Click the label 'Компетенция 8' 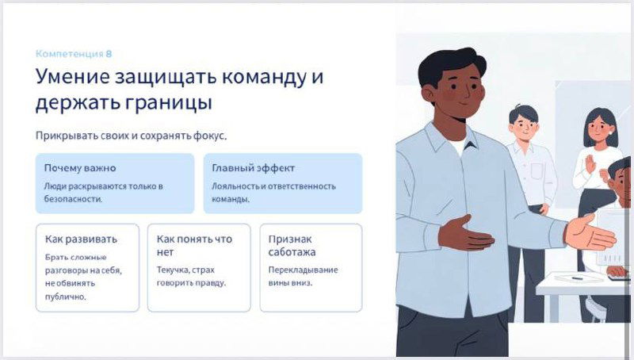(x=74, y=54)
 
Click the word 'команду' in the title (x=262, y=79)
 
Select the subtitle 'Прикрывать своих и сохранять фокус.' (x=131, y=136)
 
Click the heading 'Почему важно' (x=79, y=168)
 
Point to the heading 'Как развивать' (x=81, y=239)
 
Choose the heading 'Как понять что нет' (x=193, y=245)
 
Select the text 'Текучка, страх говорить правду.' (x=191, y=276)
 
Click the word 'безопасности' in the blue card (x=74, y=200)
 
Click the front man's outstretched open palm (x=590, y=235)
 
